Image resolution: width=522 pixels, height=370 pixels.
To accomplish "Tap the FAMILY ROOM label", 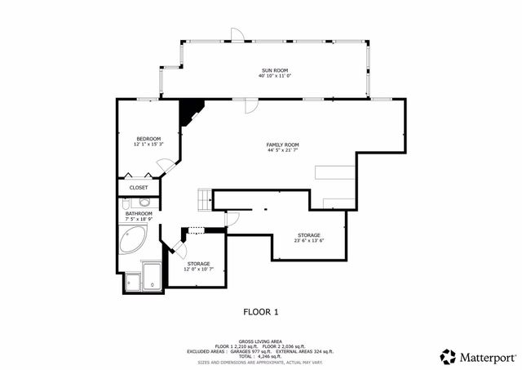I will pyautogui.click(x=282, y=145).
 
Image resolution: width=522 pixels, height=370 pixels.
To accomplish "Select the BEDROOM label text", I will pyautogui.click(x=148, y=138).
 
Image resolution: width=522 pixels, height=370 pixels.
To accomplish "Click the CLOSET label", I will pyautogui.click(x=139, y=187).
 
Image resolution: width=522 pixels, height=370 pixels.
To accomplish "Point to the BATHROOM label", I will pyautogui.click(x=139, y=214).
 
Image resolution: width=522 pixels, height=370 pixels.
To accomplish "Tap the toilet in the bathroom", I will pyautogui.click(x=144, y=202).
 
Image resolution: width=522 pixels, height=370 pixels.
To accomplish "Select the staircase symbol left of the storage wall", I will pyautogui.click(x=203, y=198).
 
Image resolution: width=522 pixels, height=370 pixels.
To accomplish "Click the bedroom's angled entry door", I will pyautogui.click(x=166, y=164).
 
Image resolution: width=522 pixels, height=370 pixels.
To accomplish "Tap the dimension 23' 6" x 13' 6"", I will pyautogui.click(x=309, y=241).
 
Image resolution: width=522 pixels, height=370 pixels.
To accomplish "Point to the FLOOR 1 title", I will pyautogui.click(x=261, y=311).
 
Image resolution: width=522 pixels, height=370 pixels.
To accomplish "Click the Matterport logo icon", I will pyautogui.click(x=448, y=356).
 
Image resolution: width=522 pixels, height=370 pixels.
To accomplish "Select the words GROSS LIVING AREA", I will pyautogui.click(x=261, y=341).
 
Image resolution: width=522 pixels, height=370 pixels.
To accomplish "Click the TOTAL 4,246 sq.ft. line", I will pyautogui.click(x=261, y=356).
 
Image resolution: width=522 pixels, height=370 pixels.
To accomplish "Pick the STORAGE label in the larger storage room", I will pyautogui.click(x=308, y=235).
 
